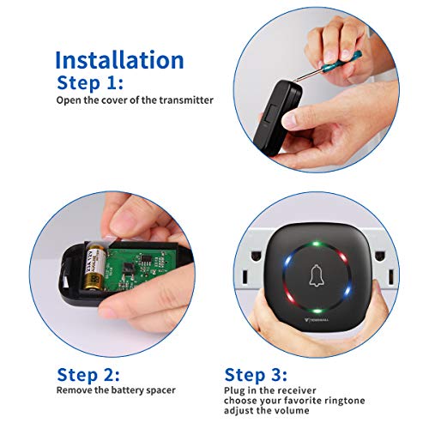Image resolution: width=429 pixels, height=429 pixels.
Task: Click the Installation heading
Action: tap(119, 60)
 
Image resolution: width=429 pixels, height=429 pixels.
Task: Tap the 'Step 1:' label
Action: tap(90, 83)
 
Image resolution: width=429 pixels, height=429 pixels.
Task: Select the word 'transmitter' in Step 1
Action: tap(186, 100)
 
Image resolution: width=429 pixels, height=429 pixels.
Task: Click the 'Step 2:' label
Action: tap(88, 375)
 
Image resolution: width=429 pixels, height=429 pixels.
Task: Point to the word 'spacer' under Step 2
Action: tap(160, 390)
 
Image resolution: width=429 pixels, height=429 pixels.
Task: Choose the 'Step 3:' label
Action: tap(256, 375)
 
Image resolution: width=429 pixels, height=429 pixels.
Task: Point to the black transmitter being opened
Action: tap(278, 118)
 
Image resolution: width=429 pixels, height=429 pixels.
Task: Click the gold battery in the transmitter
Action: tap(94, 265)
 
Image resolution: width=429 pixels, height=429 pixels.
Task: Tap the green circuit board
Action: tap(137, 268)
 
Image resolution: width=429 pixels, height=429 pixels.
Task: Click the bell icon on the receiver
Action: tap(317, 275)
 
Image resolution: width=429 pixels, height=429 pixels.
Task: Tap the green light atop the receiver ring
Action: tap(316, 244)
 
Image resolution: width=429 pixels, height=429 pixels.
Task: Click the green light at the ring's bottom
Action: tap(317, 311)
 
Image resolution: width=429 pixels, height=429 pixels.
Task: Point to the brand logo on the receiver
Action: tap(316, 319)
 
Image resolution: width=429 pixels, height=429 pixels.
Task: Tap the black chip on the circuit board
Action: tap(129, 269)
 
